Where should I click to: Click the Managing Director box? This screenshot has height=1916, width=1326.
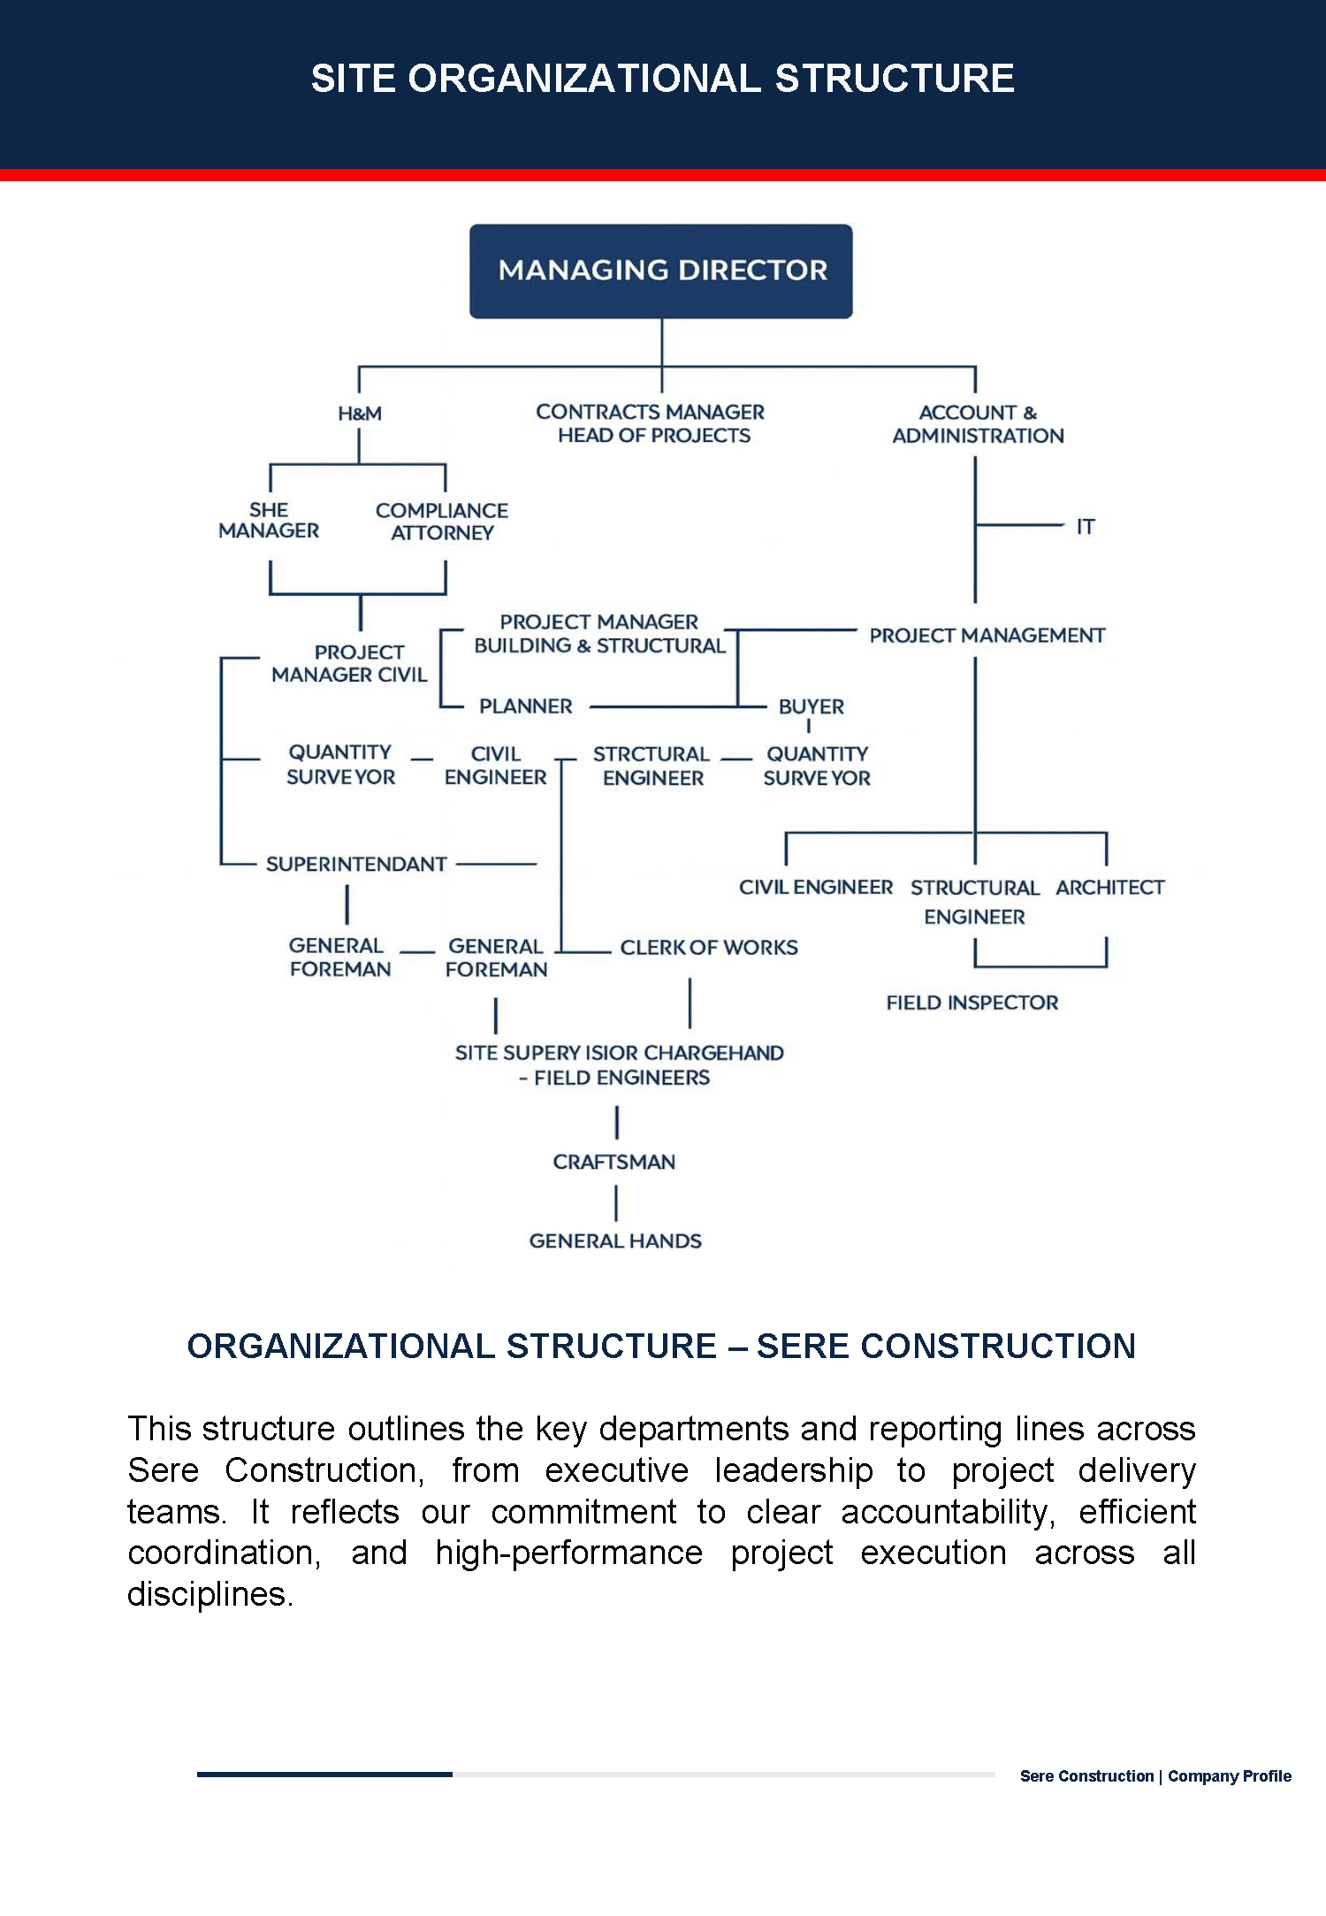[661, 271]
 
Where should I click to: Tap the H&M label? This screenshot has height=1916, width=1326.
[360, 414]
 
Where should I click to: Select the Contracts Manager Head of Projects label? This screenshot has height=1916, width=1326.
[651, 424]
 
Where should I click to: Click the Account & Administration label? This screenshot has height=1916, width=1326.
[978, 424]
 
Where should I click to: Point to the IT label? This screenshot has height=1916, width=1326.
[1086, 527]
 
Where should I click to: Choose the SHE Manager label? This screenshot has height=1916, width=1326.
[269, 521]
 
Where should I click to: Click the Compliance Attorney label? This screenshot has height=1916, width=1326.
[442, 522]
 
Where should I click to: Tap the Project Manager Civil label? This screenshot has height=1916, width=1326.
[349, 663]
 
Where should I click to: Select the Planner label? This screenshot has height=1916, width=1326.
[526, 706]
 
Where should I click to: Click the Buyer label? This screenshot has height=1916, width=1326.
[812, 706]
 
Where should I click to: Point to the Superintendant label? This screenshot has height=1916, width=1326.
[356, 864]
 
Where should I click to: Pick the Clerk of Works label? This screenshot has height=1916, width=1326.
[709, 948]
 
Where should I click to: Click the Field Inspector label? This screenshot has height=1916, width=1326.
[972, 1003]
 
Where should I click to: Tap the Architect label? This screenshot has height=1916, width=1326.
[1110, 888]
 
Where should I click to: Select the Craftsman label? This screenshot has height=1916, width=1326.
[614, 1162]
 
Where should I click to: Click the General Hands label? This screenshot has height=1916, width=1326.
[615, 1241]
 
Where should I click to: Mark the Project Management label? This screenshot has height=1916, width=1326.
[987, 636]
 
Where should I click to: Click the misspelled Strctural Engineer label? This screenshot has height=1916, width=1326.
[652, 766]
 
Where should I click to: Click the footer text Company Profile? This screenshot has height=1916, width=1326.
[1230, 1776]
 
